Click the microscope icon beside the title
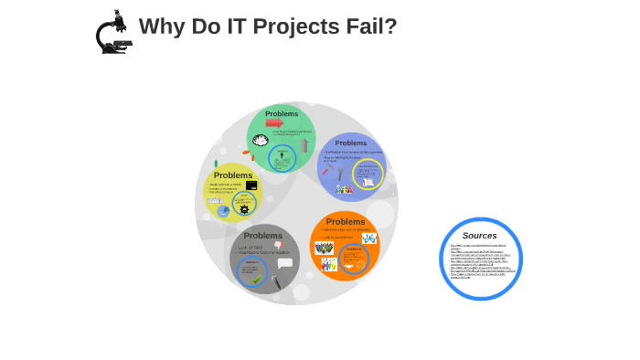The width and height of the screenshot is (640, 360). coord(113,33)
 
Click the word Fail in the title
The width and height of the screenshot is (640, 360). coord(376,26)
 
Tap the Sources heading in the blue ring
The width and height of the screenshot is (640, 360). coord(479,236)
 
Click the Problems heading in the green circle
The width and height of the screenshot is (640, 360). coord(282,113)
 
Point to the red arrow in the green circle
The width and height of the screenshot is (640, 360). coord(274,123)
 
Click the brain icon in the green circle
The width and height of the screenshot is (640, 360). coord(261,141)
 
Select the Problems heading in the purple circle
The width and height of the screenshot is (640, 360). coord(350,143)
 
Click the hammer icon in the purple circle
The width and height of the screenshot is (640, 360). coord(327,168)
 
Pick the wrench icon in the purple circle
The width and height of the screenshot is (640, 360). coord(340,174)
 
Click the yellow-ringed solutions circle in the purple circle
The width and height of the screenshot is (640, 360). coord(368,174)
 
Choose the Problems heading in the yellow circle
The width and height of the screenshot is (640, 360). coord(232,175)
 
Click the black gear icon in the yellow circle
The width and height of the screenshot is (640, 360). coord(244,209)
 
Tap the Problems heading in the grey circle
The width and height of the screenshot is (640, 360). coord(262,236)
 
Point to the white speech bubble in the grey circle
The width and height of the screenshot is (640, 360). coord(284,262)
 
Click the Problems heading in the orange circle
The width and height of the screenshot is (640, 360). coord(345,222)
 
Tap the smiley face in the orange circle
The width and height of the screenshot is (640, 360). coord(359,265)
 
